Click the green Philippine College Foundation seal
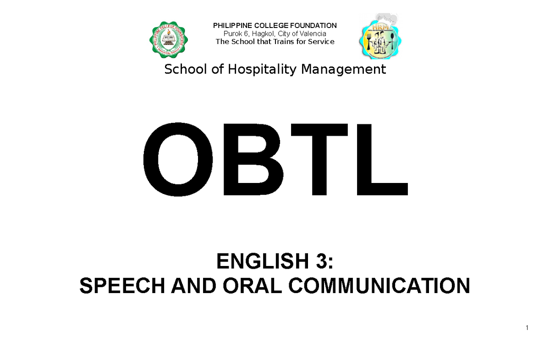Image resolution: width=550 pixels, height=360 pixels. point(171,40)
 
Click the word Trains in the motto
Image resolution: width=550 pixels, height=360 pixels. point(285,42)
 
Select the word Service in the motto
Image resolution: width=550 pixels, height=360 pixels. point(322,42)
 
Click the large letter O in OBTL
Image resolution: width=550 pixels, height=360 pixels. point(173,159)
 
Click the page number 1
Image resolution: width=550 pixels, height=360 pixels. point(528,328)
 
